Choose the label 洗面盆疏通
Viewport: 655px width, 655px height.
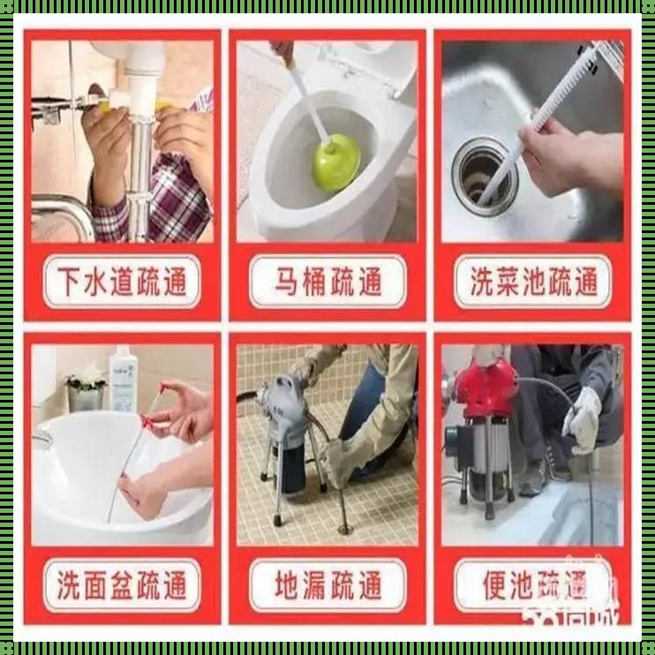(x=121, y=585)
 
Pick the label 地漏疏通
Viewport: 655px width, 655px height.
(x=327, y=585)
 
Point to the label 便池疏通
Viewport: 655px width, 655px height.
(x=532, y=585)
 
